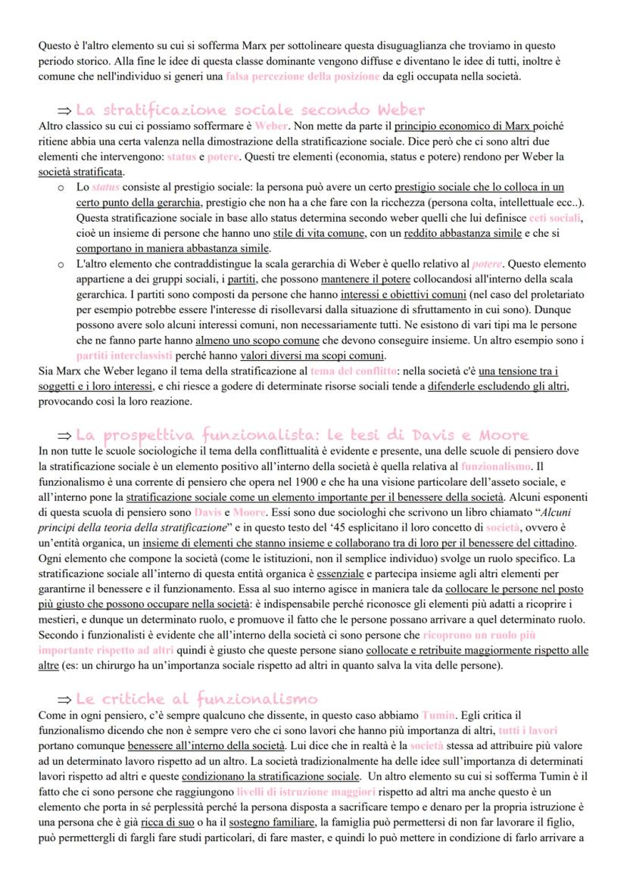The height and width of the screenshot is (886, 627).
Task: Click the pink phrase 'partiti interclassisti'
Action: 124,355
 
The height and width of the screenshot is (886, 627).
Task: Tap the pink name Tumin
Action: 438,714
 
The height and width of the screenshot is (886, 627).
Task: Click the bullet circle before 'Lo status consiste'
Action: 60,187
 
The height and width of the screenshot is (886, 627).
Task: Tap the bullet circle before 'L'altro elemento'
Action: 60,264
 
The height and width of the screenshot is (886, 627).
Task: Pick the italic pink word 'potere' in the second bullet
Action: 488,264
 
